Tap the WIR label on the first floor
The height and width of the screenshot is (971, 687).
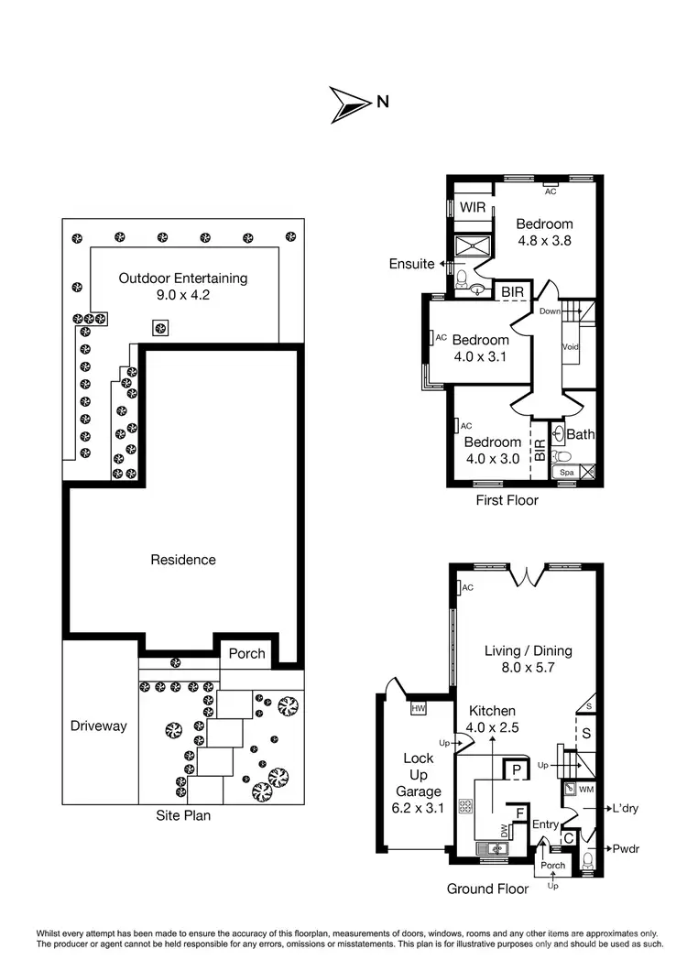tap(473, 207)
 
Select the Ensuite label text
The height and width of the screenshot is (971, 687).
tap(411, 264)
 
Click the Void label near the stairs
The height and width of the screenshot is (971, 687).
tap(569, 347)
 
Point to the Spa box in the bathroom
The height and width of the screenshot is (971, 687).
tap(567, 473)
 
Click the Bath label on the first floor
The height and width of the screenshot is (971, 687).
tap(581, 434)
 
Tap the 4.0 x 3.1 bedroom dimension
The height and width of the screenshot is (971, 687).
tap(480, 357)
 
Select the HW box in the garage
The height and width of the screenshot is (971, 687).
tap(420, 708)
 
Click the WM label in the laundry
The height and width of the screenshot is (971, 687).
tap(586, 788)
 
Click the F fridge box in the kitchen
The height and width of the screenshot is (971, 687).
tap(519, 812)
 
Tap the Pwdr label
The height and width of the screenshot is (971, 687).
tap(627, 849)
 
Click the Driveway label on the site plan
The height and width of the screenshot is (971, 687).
tap(99, 726)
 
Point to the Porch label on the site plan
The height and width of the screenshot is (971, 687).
tap(247, 653)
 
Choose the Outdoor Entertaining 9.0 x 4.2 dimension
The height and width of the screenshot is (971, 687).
tap(183, 296)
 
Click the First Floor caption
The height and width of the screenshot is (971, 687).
tap(507, 500)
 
